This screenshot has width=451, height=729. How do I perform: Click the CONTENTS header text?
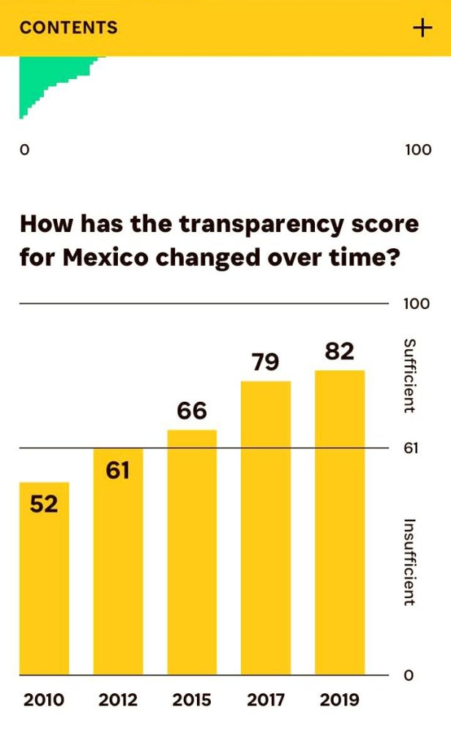tap(68, 28)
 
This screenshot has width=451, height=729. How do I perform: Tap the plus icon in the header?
tap(422, 28)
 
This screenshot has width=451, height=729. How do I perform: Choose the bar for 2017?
tap(266, 528)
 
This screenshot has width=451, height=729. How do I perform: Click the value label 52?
tap(44, 504)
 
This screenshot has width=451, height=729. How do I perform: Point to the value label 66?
tap(192, 411)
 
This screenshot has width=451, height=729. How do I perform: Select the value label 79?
tap(266, 362)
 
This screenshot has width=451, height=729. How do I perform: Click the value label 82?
tap(340, 351)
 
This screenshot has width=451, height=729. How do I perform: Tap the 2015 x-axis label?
tap(192, 700)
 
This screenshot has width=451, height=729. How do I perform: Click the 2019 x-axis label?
tap(340, 700)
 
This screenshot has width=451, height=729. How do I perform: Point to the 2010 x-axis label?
tap(44, 700)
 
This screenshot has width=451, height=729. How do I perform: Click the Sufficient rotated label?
tap(410, 375)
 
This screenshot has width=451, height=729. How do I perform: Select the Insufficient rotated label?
tap(410, 562)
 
